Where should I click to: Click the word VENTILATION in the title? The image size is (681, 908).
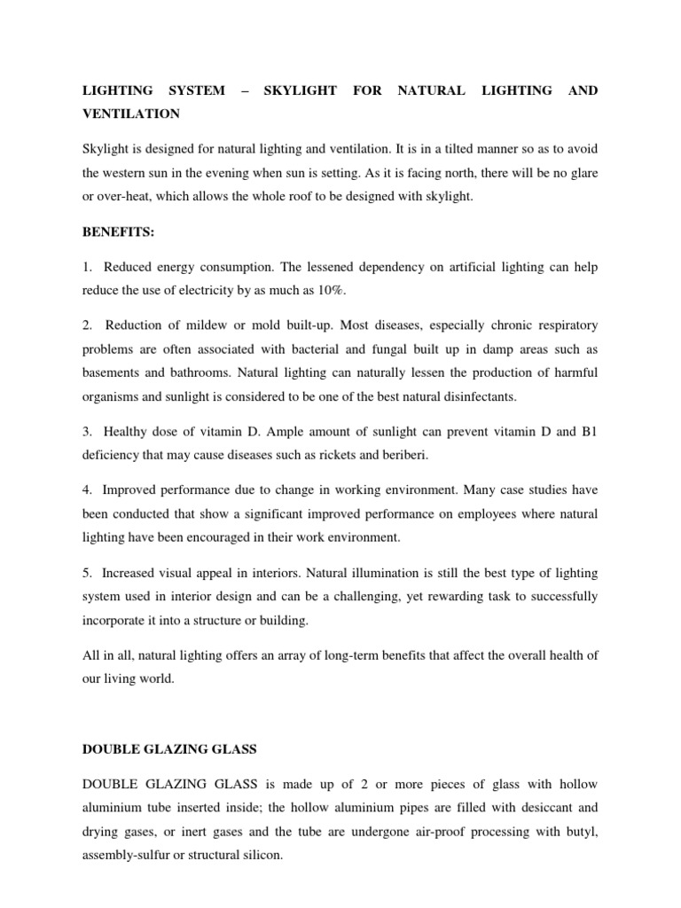pyautogui.click(x=131, y=113)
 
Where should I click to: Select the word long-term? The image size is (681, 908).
pyautogui.click(x=342, y=654)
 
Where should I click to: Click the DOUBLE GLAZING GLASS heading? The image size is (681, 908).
pyautogui.click(x=168, y=749)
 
